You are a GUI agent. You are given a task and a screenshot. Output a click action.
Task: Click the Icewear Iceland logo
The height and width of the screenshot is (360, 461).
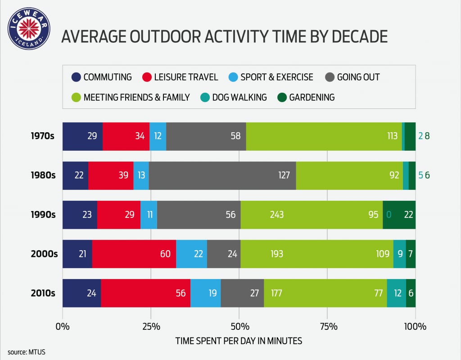pos(29,28)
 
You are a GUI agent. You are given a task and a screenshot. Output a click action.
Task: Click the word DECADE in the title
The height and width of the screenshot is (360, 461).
pos(360,36)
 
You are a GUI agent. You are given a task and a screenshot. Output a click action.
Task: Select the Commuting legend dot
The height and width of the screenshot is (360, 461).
pos(76,77)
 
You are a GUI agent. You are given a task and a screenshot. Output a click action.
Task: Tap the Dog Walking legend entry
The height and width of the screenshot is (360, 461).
pos(234,97)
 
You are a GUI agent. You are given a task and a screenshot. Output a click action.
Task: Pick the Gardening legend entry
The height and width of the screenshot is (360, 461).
pos(306,97)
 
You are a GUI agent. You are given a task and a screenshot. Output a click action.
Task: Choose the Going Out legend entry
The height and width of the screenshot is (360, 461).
pos(352,77)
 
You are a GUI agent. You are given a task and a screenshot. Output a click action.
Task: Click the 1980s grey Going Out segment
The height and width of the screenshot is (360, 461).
pos(222,175)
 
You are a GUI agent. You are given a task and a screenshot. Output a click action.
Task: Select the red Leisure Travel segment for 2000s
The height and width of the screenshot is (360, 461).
pos(134,254)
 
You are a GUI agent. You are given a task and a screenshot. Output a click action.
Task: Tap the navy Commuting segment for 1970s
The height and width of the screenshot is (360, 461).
pos(83,136)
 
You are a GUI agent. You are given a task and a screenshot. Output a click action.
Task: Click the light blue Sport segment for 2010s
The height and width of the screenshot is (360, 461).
pos(205,293)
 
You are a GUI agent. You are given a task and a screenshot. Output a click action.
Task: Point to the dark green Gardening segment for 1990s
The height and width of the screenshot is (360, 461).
pos(399,215)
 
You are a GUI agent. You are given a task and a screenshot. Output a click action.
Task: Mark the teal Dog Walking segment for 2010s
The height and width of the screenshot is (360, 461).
pos(396,293)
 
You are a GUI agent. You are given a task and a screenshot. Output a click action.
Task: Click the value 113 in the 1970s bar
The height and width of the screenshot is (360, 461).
pos(392,136)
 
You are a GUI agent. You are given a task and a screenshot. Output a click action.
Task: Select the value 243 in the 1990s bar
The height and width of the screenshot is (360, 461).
pos(277,215)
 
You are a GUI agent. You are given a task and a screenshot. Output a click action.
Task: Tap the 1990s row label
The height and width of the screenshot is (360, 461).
pos(43,215)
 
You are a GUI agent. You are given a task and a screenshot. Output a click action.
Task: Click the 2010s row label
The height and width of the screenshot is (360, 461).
pos(43,293)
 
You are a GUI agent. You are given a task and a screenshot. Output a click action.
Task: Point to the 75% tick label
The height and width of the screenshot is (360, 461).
pos(328,327)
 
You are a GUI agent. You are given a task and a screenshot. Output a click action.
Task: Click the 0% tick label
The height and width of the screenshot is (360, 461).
pos(63,327)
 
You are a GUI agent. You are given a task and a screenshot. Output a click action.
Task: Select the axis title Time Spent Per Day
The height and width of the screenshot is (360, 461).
pos(239,341)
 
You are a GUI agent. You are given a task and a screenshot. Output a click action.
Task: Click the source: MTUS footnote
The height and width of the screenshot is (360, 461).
pos(27,352)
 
